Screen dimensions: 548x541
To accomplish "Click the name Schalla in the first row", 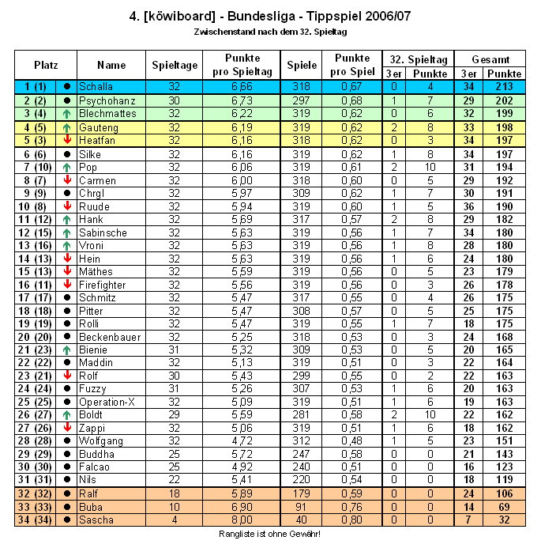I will pyautogui.click(x=96, y=86).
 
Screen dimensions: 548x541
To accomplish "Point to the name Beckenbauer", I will pyautogui.click(x=110, y=337).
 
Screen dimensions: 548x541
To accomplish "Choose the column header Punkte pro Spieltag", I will pyautogui.click(x=242, y=65).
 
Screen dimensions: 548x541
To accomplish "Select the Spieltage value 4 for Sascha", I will pyautogui.click(x=175, y=520).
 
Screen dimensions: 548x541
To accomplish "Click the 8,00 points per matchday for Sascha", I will pyautogui.click(x=242, y=520).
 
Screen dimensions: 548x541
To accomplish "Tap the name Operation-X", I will pyautogui.click(x=107, y=402).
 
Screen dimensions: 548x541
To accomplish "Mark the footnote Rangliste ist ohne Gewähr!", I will pyautogui.click(x=270, y=535).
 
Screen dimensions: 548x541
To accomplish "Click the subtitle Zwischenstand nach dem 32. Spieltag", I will pyautogui.click(x=270, y=32).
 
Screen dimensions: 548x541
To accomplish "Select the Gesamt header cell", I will pyautogui.click(x=490, y=59).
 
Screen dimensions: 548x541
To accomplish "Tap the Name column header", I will pyautogui.click(x=112, y=65).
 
